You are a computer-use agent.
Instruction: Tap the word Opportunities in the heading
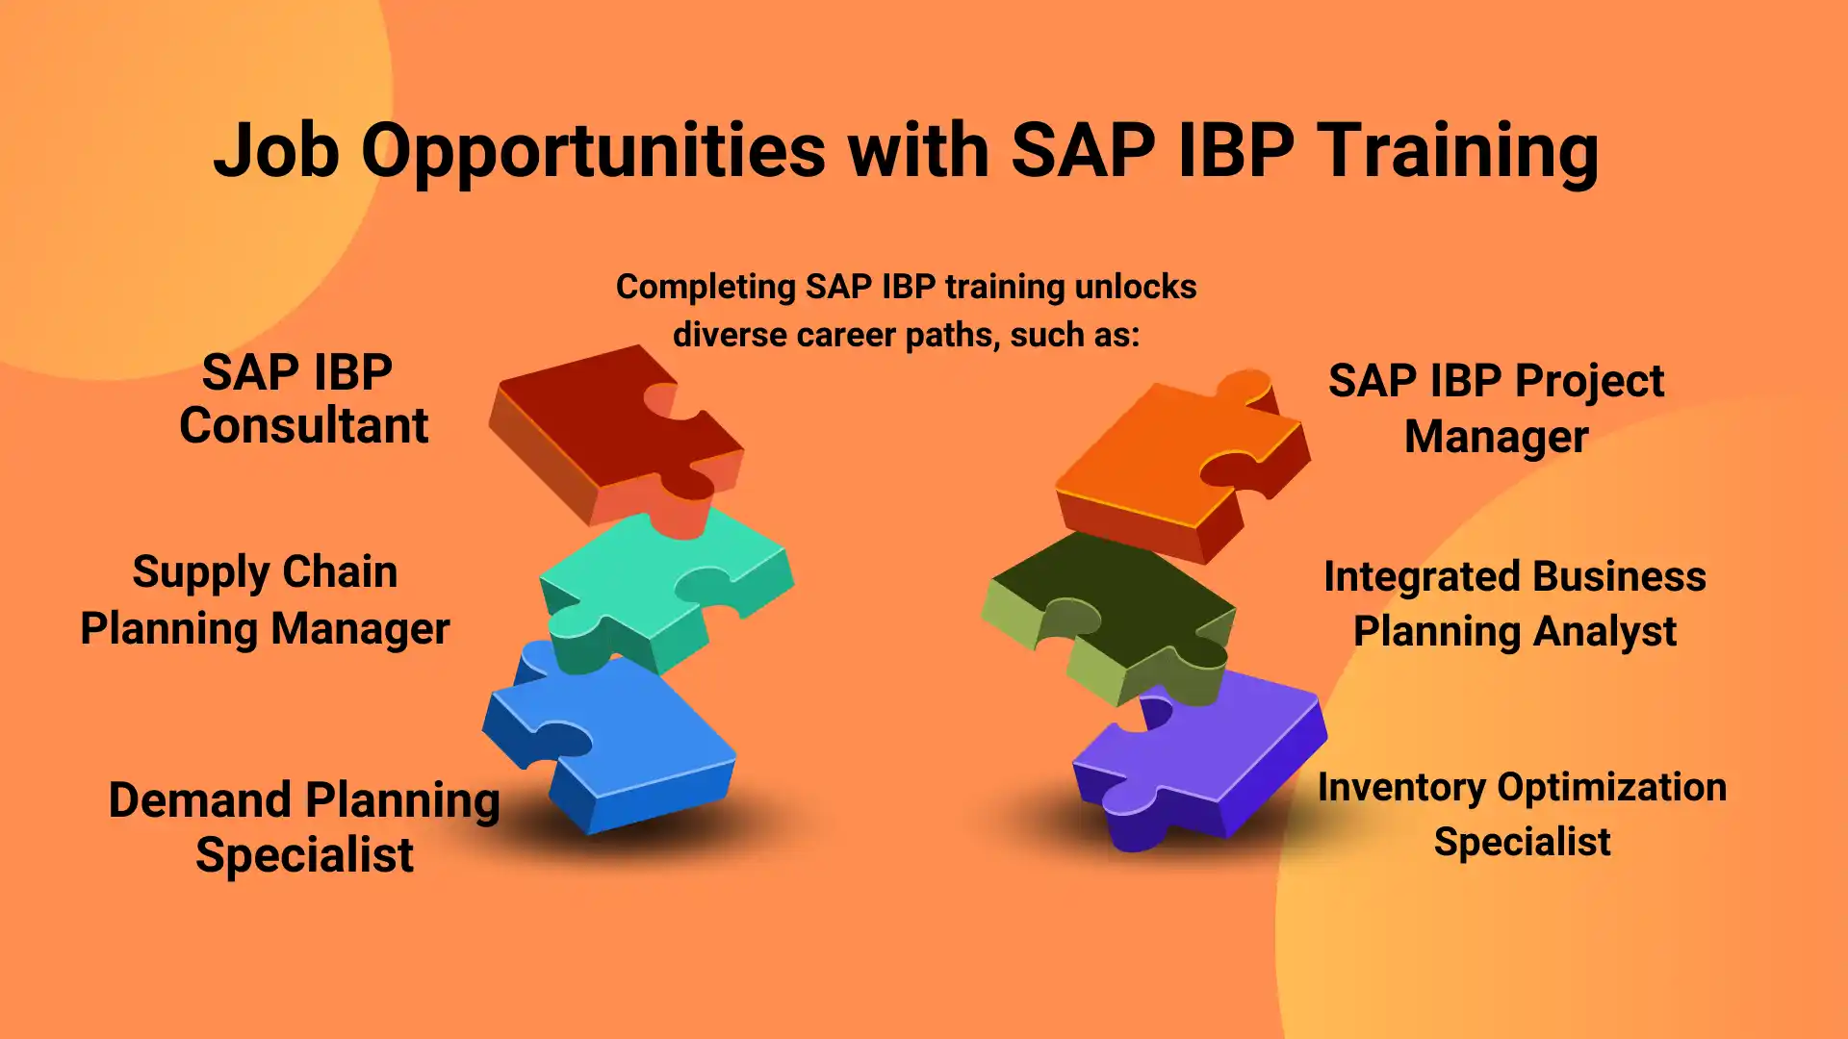593,152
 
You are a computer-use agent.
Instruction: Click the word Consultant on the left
303,425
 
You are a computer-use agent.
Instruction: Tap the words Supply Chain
265,572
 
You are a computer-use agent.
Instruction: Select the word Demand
200,800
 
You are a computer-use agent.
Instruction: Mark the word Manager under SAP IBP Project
1496,437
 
